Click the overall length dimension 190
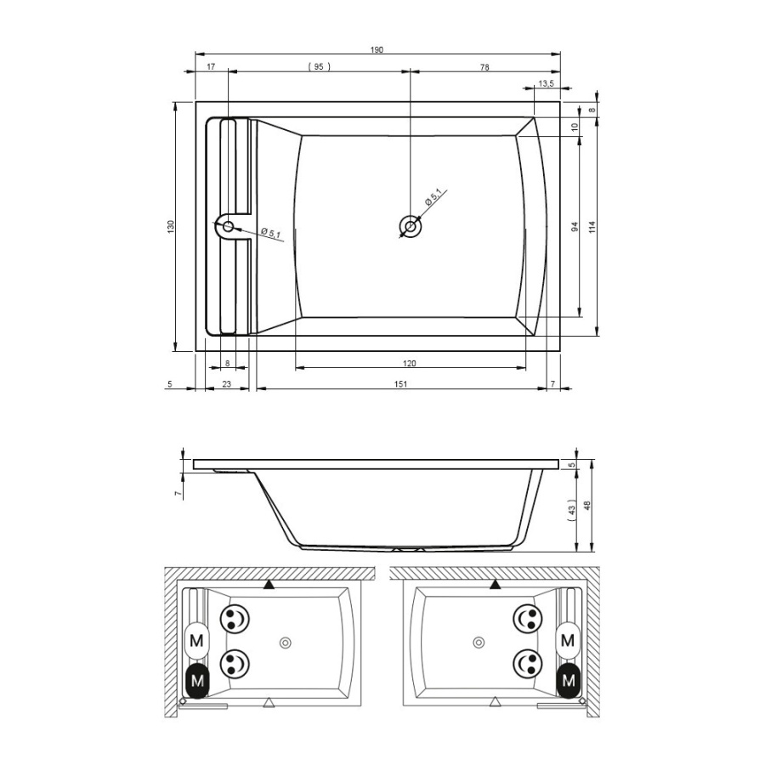point(377,50)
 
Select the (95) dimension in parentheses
point(319,67)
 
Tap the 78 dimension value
point(484,67)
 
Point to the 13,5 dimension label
point(546,83)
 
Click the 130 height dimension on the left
point(171,226)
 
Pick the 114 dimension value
point(592,227)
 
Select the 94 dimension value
point(575,226)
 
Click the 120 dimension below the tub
point(410,363)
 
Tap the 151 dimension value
point(400,384)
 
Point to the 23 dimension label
point(226,384)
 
